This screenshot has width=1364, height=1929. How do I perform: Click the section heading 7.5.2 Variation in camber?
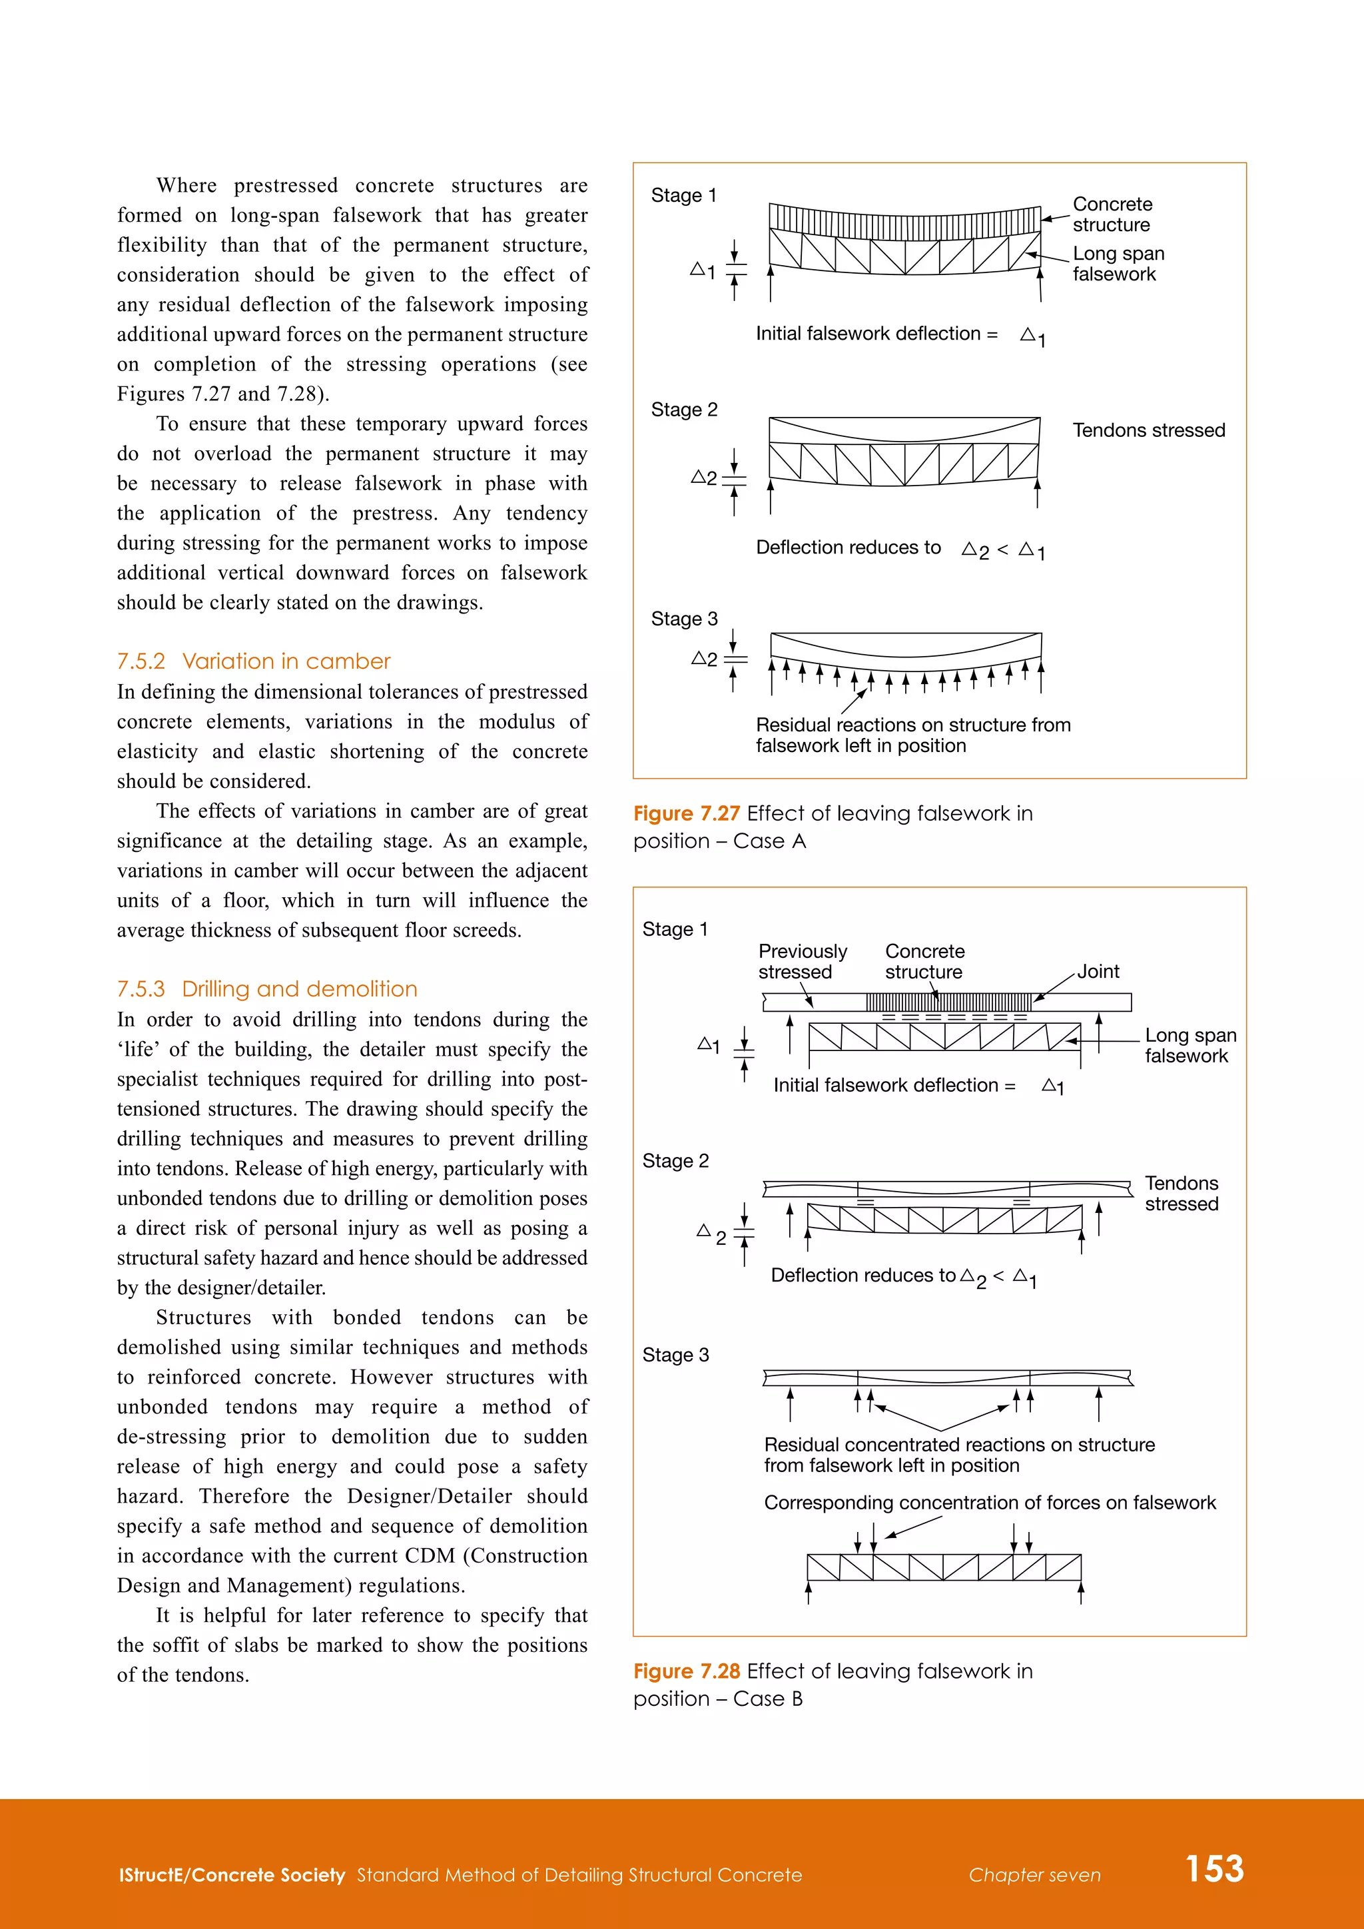point(254,661)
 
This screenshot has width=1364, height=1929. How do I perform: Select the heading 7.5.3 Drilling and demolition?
point(266,989)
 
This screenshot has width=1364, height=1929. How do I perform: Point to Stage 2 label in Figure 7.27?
point(684,410)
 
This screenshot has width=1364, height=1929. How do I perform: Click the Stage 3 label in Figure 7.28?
point(675,1355)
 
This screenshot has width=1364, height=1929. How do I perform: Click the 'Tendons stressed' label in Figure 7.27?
point(1148,430)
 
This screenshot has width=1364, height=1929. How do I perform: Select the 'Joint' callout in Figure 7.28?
point(1098,971)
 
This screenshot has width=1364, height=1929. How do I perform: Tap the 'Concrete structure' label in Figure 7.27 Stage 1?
point(1112,214)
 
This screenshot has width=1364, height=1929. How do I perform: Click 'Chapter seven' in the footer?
point(1034,1875)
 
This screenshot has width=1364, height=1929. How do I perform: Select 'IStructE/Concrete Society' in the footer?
point(232,1875)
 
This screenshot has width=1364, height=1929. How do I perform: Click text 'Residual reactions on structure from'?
point(912,725)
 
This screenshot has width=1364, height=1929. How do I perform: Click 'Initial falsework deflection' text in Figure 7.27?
point(868,334)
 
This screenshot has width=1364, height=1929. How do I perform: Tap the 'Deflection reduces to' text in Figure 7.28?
point(862,1276)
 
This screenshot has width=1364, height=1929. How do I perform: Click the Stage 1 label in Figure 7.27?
point(683,196)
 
